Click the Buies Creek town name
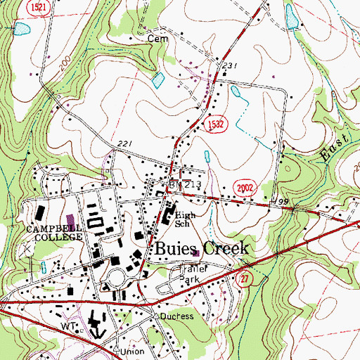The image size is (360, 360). click(198, 249)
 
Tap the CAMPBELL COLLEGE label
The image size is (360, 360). click(54, 233)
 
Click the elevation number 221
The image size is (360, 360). click(124, 144)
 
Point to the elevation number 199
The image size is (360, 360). click(283, 202)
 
